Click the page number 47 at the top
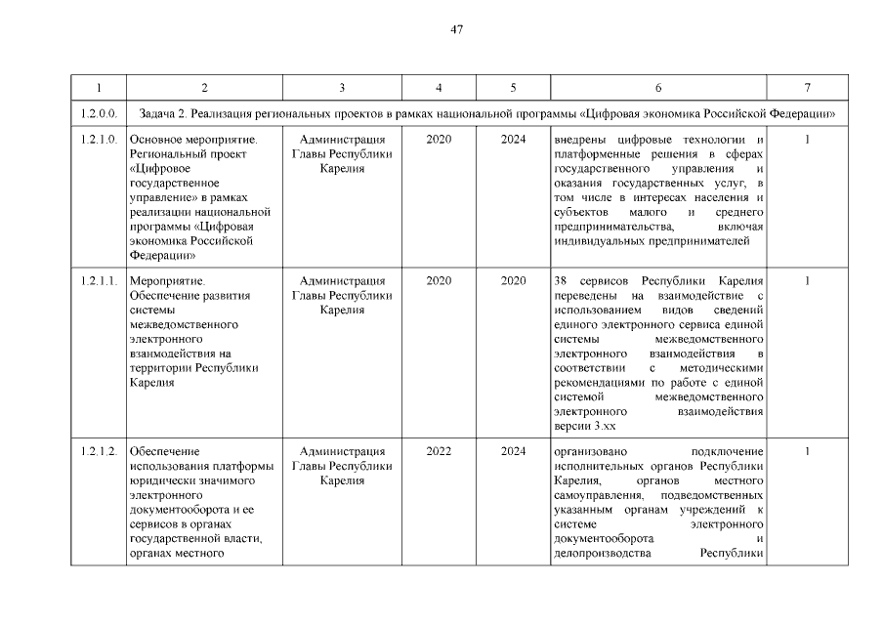pyautogui.click(x=456, y=29)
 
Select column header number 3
pyautogui.click(x=342, y=88)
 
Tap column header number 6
pyautogui.click(x=657, y=88)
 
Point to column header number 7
pyautogui.click(x=807, y=88)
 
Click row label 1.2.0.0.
pyautogui.click(x=99, y=114)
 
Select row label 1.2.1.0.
pyautogui.click(x=99, y=140)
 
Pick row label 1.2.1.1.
pyautogui.click(x=99, y=280)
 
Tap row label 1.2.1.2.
pyautogui.click(x=99, y=451)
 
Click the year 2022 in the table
pyautogui.click(x=439, y=451)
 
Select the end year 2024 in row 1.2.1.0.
pyautogui.click(x=513, y=140)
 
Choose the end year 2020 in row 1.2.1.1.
pyautogui.click(x=513, y=280)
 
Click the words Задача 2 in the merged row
pyautogui.click(x=170, y=114)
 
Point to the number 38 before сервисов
pyautogui.click(x=560, y=280)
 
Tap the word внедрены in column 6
pyautogui.click(x=580, y=140)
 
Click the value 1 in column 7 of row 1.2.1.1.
pyautogui.click(x=807, y=280)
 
